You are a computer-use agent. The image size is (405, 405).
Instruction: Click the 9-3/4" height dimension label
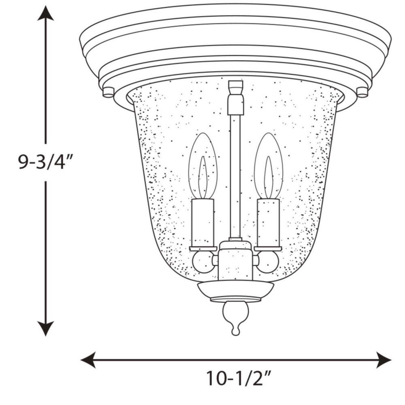tap(45, 162)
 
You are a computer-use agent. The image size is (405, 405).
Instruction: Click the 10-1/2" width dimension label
tap(239, 379)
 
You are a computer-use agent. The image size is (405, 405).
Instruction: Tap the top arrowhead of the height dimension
tap(46, 13)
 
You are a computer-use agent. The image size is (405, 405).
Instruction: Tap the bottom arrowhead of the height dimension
tap(46, 328)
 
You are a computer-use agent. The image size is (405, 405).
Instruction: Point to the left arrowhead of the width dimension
tap(88, 360)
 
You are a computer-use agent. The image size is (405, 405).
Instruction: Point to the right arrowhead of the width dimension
tap(384, 360)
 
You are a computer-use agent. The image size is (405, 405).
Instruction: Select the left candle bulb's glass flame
tap(203, 166)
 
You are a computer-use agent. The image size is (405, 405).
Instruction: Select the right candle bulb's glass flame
tap(269, 166)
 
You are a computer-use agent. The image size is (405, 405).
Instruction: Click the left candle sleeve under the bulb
tap(203, 223)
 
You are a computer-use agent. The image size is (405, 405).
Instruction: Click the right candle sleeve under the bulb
tap(269, 223)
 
